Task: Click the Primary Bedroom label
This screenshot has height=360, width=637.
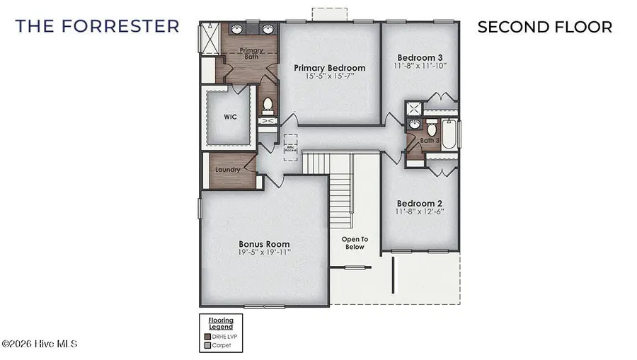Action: point(330,68)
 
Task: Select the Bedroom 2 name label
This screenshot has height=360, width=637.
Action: point(420,203)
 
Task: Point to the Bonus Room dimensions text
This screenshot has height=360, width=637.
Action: point(263,252)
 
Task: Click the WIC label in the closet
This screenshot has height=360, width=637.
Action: point(230,117)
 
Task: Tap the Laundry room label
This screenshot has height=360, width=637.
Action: point(227,170)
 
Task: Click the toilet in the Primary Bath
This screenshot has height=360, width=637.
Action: point(268,106)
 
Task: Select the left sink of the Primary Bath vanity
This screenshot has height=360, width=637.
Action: point(236,30)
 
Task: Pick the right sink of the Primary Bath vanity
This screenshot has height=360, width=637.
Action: point(268,30)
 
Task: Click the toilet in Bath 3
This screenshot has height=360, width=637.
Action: point(431,129)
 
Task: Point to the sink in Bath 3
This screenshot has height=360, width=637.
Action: point(415,125)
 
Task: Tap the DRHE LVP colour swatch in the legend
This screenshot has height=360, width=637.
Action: point(207,337)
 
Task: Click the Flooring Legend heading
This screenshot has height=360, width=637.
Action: point(220,325)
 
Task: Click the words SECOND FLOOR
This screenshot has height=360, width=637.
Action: point(544,27)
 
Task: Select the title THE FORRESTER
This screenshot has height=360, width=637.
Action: point(97,27)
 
